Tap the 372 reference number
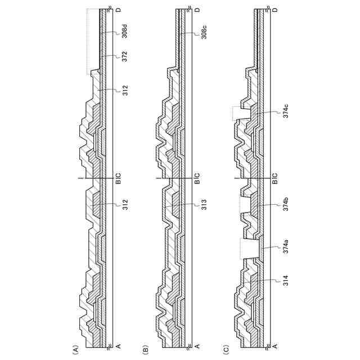(125, 56)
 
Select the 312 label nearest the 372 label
(125, 91)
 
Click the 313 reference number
(204, 205)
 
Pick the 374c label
(285, 111)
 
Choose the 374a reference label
(285, 246)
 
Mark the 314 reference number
(285, 280)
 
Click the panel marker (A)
(75, 349)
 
